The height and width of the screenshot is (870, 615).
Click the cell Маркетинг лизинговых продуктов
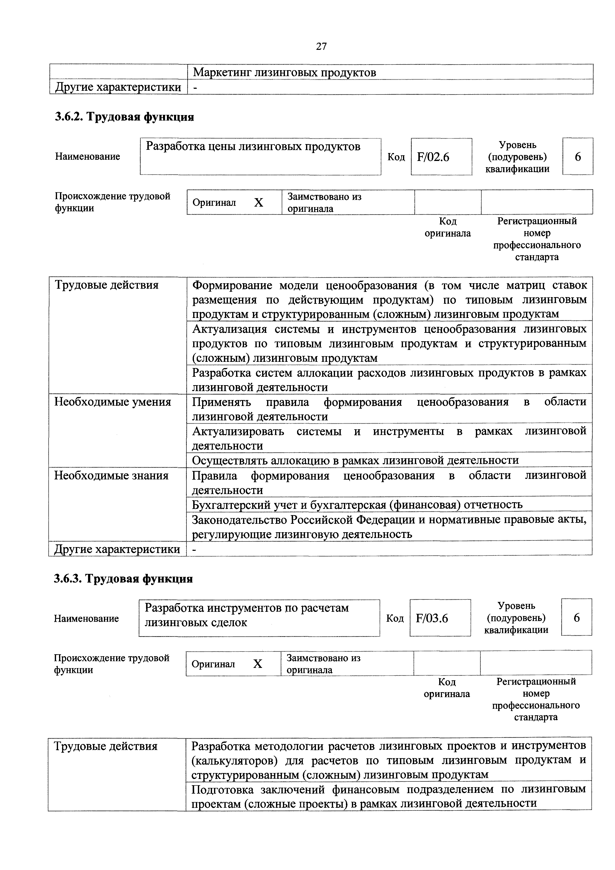tap(285, 72)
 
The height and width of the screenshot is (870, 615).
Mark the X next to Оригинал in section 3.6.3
tap(257, 664)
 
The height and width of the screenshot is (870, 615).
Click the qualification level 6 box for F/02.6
tap(578, 156)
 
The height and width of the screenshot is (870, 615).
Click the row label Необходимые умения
tap(113, 402)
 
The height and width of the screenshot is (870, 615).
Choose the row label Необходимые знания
tap(111, 475)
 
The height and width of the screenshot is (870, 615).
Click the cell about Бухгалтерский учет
tap(357, 505)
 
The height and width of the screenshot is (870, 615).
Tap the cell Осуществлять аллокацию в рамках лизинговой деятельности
tap(355, 460)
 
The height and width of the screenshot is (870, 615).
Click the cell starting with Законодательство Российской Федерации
tap(389, 527)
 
